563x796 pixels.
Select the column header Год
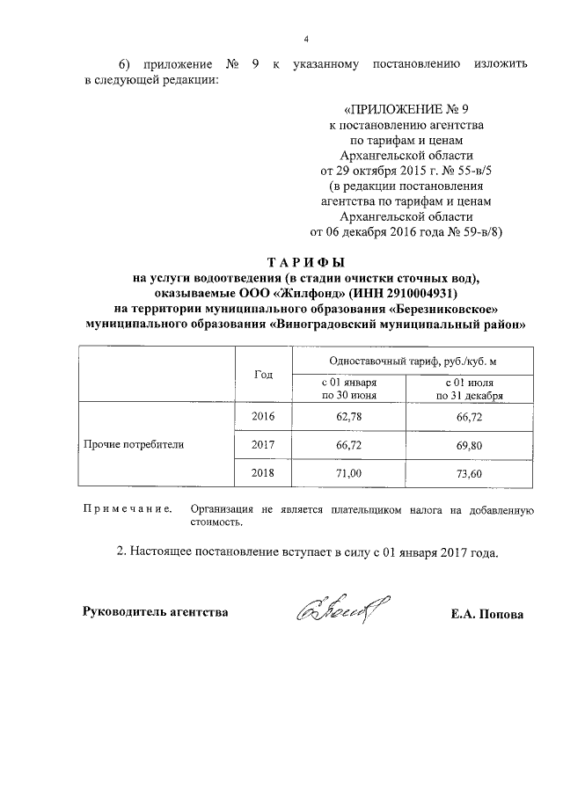[x=263, y=374]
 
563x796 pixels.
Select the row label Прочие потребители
[x=134, y=445]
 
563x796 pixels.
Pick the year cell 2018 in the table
[x=263, y=473]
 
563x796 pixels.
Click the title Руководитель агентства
[x=155, y=611]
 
